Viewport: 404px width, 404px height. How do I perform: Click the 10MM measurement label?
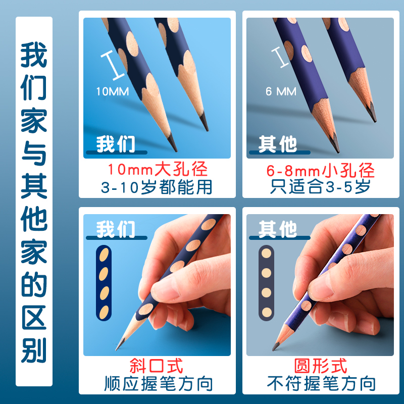pyautogui.click(x=113, y=91)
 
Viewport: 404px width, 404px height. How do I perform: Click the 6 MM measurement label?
pyautogui.click(x=281, y=91)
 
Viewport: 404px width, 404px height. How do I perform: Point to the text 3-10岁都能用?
pyautogui.click(x=157, y=187)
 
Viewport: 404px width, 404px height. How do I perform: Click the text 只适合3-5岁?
pyautogui.click(x=321, y=187)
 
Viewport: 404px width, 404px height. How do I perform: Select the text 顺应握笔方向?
pyautogui.click(x=157, y=384)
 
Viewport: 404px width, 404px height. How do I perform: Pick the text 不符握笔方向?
pyautogui.click(x=321, y=384)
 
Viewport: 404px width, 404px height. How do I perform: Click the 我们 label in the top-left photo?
pyautogui.click(x=116, y=144)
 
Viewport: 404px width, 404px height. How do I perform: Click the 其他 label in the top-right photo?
pyautogui.click(x=278, y=144)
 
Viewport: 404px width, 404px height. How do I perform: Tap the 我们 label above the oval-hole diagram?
pyautogui.click(x=116, y=229)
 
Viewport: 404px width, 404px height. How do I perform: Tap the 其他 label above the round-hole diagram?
pyautogui.click(x=278, y=229)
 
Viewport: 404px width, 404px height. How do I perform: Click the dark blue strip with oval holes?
pyautogui.click(x=104, y=283)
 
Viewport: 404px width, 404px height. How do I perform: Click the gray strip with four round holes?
pyautogui.click(x=266, y=283)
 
